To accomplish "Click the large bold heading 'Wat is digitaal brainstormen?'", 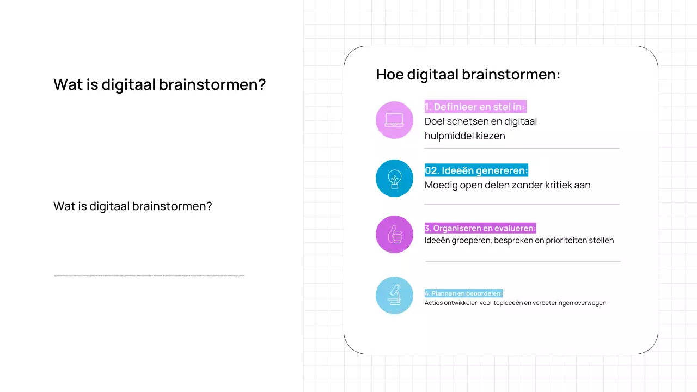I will point(160,85).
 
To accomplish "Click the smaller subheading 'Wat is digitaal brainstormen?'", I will point(132,206).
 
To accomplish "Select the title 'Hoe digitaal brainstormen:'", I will point(468,75).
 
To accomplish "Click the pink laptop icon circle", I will point(394,120).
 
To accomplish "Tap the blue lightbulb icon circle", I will point(394,178).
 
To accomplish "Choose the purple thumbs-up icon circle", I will point(394,234).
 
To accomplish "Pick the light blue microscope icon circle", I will point(394,295).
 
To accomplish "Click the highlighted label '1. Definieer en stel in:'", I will point(475,107).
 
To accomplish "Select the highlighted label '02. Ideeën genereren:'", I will point(476,170).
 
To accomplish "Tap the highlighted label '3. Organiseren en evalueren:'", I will point(480,228).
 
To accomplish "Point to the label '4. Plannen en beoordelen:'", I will point(463,293).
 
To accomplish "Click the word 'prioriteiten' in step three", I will point(563,240).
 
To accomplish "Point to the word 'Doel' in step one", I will point(435,121).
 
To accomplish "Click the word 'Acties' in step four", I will point(433,303).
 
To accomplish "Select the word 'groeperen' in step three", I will point(473,240).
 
